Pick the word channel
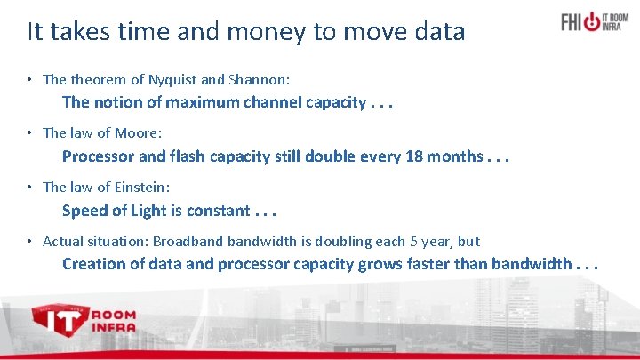click(248, 102)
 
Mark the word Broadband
click(188, 241)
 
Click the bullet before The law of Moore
click(30, 133)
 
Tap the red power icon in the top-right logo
click(592, 20)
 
